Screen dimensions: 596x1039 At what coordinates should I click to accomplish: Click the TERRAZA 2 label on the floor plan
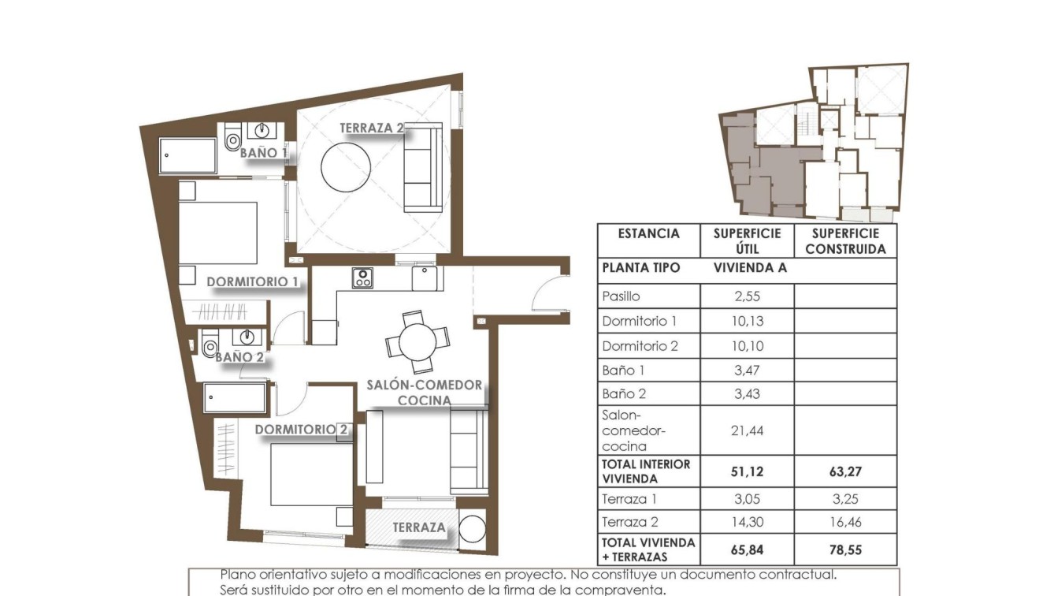(x=372, y=128)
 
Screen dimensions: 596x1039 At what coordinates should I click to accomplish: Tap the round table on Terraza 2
(x=346, y=166)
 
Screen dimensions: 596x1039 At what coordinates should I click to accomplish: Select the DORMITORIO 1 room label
(x=252, y=281)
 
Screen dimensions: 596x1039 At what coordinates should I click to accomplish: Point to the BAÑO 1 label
(x=263, y=152)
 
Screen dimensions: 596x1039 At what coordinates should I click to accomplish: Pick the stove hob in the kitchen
(x=362, y=278)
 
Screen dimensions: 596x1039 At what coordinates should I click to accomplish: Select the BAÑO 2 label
(x=239, y=357)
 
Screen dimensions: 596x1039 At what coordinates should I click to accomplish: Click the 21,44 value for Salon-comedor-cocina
(x=747, y=430)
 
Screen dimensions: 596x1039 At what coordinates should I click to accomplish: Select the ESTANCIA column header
(x=648, y=234)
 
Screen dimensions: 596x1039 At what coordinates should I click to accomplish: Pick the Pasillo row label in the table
(x=621, y=296)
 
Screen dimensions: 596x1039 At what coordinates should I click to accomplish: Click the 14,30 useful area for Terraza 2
(x=747, y=522)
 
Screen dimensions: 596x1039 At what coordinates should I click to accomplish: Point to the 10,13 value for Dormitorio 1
(x=747, y=321)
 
